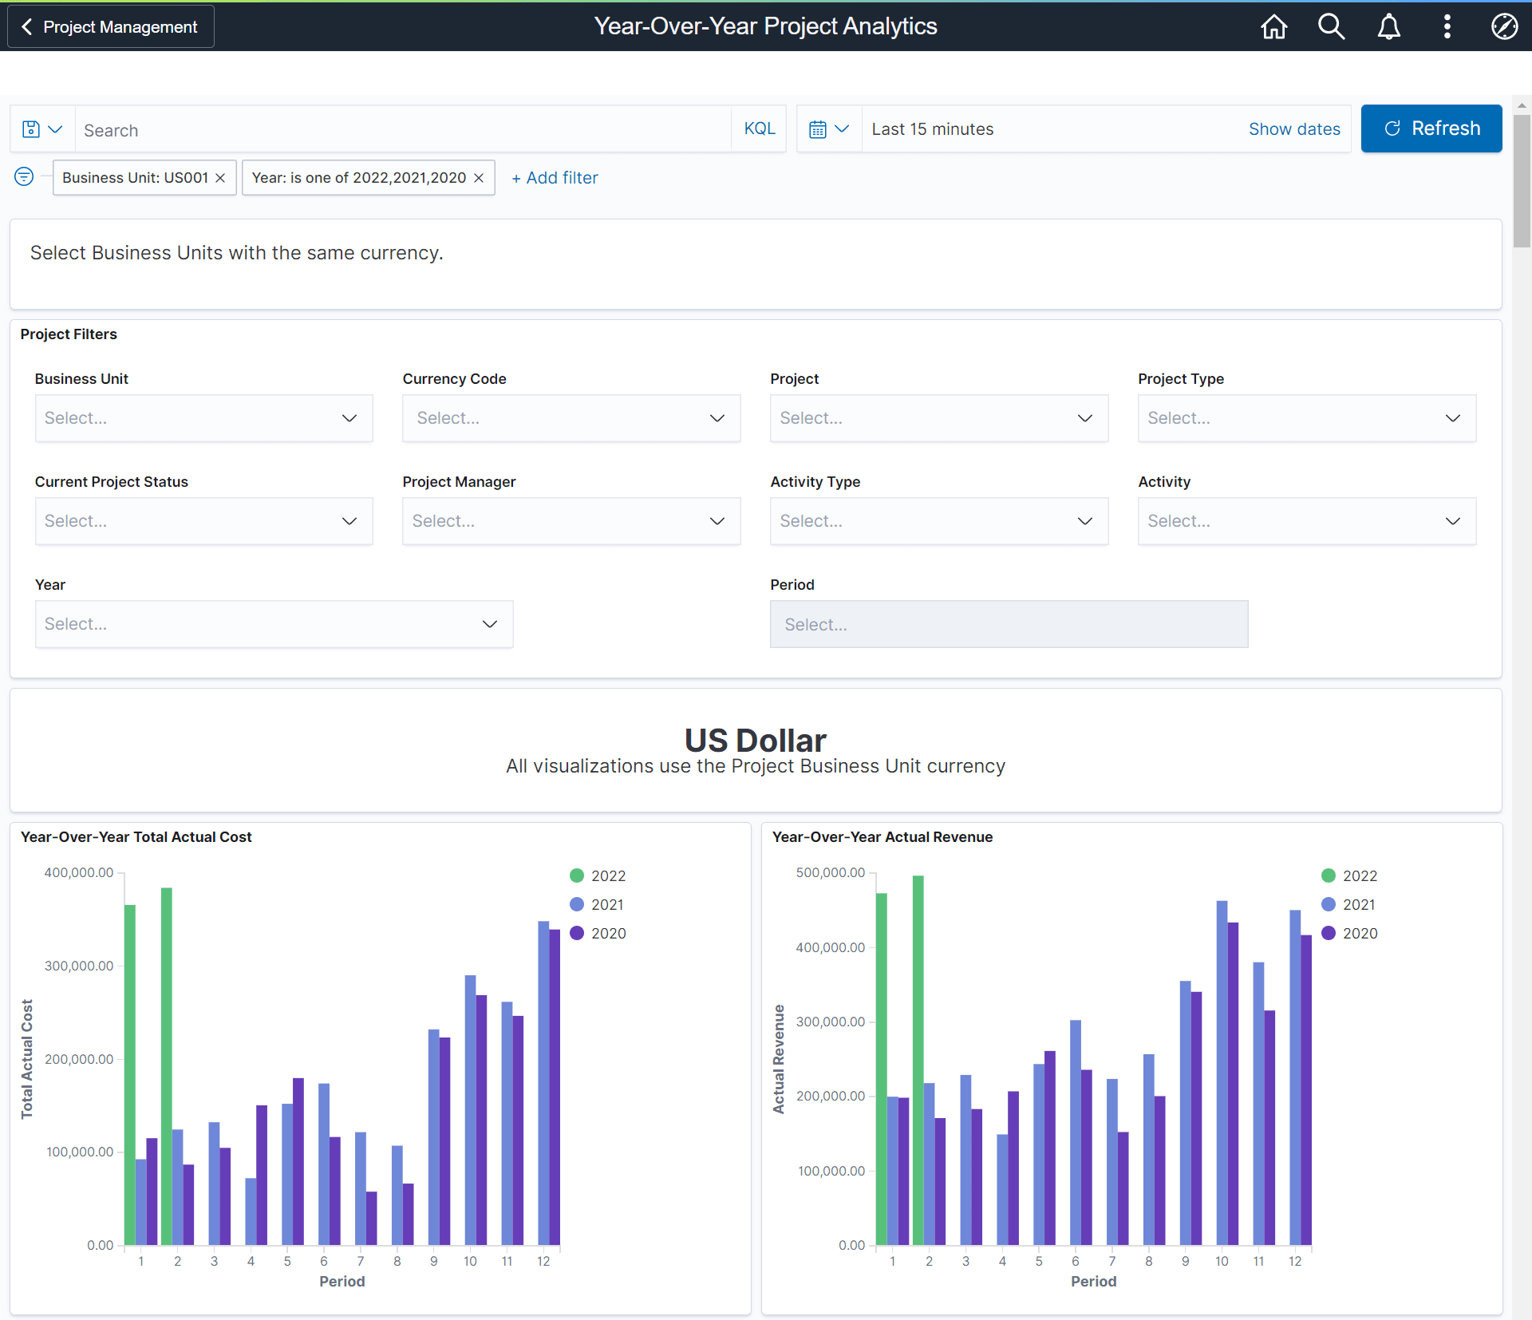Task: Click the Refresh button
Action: (1431, 128)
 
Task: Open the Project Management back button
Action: (111, 27)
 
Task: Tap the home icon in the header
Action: (1273, 27)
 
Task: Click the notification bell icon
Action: (1388, 27)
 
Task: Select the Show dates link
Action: (1293, 129)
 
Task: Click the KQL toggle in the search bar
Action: (759, 129)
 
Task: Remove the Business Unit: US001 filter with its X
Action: (220, 178)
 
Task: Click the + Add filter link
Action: (555, 178)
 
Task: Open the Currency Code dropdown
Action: (571, 418)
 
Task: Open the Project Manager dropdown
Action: (571, 521)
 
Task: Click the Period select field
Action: (1008, 624)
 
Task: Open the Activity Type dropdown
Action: (938, 521)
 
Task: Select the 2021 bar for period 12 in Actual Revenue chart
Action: (1294, 1077)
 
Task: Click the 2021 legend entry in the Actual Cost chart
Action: (598, 904)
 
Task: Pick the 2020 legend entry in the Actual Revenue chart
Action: (1349, 933)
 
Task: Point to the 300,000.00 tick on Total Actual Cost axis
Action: (79, 966)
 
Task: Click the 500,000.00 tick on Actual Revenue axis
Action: (830, 872)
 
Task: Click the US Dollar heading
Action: (755, 740)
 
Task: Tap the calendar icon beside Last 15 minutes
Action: (818, 129)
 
